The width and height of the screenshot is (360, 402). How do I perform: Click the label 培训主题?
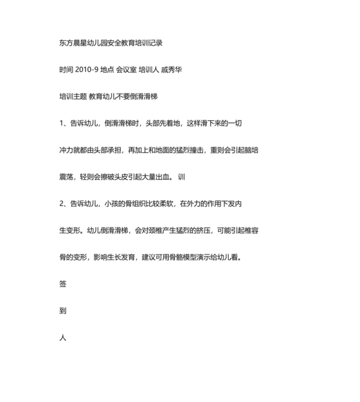(71, 96)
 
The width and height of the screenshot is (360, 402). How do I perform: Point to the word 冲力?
(66, 150)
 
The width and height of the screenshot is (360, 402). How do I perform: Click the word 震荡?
(66, 177)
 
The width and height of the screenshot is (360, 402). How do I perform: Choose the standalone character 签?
(62, 283)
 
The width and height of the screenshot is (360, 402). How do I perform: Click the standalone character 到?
(62, 311)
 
